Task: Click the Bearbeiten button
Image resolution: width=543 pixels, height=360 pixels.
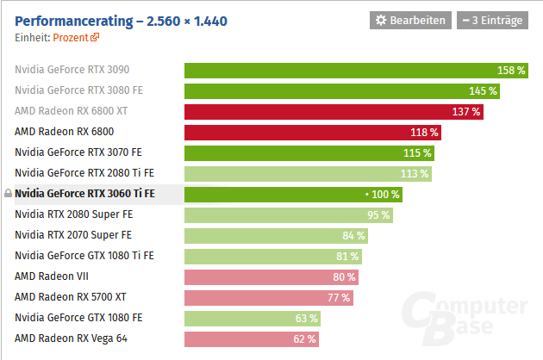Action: point(410,20)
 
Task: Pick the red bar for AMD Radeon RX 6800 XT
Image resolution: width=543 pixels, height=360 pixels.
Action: point(333,111)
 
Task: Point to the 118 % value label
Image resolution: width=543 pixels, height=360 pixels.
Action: point(425,132)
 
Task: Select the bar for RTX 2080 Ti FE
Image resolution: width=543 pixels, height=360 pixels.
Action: point(308,173)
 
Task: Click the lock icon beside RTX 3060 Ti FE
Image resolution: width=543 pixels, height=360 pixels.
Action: point(8,194)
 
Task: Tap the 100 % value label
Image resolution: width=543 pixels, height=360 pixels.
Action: point(384,194)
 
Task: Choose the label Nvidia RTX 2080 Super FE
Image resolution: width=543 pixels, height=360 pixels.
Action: point(73,214)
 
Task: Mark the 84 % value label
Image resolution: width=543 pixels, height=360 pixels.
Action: point(353,235)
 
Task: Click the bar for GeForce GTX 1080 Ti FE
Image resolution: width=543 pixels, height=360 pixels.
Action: point(272,256)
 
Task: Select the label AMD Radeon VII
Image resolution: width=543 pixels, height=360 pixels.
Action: point(52,276)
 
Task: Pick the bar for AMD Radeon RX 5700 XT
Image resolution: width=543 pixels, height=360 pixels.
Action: point(268,297)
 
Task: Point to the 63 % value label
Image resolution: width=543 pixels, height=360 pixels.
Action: point(307,318)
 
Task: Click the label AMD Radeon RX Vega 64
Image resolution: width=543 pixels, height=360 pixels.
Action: point(71,338)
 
